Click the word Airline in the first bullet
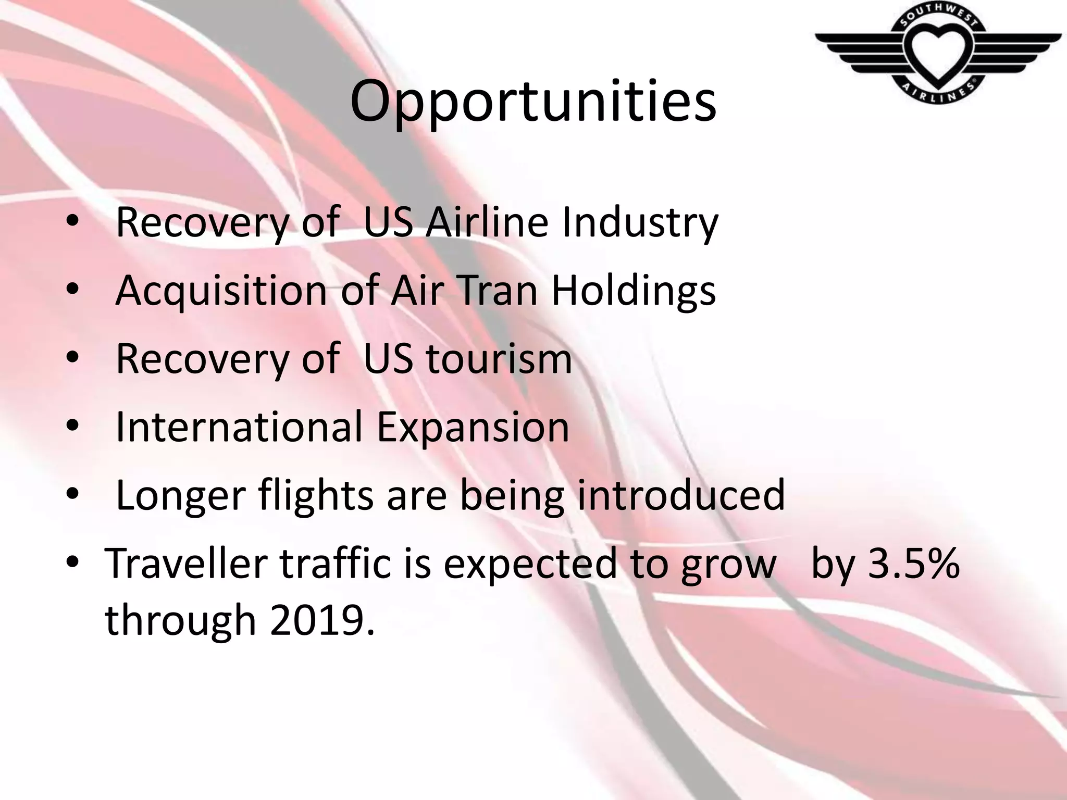click(487, 223)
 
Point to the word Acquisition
click(221, 291)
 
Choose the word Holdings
click(633, 291)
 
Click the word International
click(238, 427)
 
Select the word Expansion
click(473, 428)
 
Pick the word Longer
click(180, 496)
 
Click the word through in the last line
click(180, 621)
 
